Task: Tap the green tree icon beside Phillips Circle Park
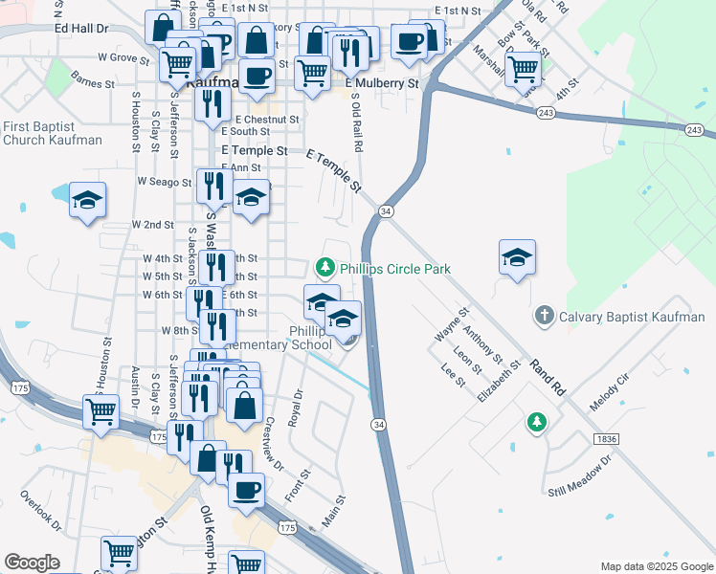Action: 325,265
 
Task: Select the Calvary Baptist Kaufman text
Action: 632,317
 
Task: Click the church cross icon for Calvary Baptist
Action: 544,315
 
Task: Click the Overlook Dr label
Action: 41,512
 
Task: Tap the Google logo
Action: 33,563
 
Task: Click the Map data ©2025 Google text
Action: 657,566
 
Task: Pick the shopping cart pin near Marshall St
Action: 523,68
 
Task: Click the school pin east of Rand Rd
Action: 517,256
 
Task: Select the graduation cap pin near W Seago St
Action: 87,199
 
